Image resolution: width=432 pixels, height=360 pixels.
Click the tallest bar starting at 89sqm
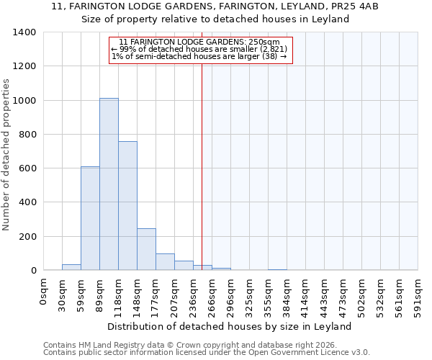tap(109, 184)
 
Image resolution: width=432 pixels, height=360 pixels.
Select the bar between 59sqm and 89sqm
tap(90, 218)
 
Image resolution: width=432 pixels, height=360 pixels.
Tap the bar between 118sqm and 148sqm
tap(127, 206)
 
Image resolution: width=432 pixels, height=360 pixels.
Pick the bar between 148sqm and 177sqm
tap(146, 249)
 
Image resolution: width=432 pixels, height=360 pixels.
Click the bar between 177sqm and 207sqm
tap(165, 262)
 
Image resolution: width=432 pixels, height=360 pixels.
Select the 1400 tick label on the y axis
tap(24, 32)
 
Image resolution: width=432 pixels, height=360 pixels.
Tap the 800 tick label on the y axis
tap(27, 135)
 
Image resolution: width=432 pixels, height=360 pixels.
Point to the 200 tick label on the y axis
tap(27, 237)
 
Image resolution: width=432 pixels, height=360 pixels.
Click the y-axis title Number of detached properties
tap(6, 151)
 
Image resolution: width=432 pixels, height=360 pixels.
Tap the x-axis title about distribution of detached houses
tap(233, 326)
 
